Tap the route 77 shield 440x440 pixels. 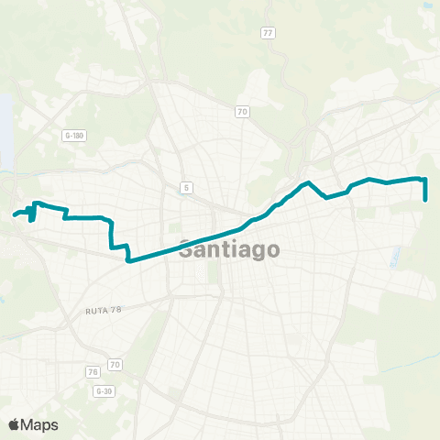[268, 33]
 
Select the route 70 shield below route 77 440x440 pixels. [242, 113]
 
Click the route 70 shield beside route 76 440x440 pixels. [115, 365]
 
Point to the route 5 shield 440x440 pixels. [186, 188]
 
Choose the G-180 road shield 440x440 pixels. [74, 135]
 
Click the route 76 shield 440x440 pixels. [92, 371]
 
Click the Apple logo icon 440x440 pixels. [14, 424]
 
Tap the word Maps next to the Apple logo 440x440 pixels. [40, 424]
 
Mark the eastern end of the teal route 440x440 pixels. [426, 199]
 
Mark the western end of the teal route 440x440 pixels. [15, 215]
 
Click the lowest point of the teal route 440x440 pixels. [128, 260]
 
